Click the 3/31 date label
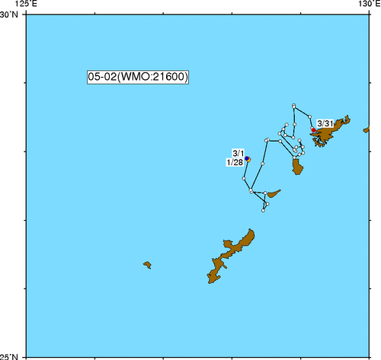(324, 123)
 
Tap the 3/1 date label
(238, 152)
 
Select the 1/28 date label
(234, 161)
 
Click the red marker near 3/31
(313, 130)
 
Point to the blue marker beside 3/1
(247, 158)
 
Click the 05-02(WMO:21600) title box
(138, 77)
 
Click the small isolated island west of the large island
(147, 265)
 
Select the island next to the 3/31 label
(331, 135)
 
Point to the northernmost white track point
(293, 105)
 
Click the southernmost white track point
(263, 210)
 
